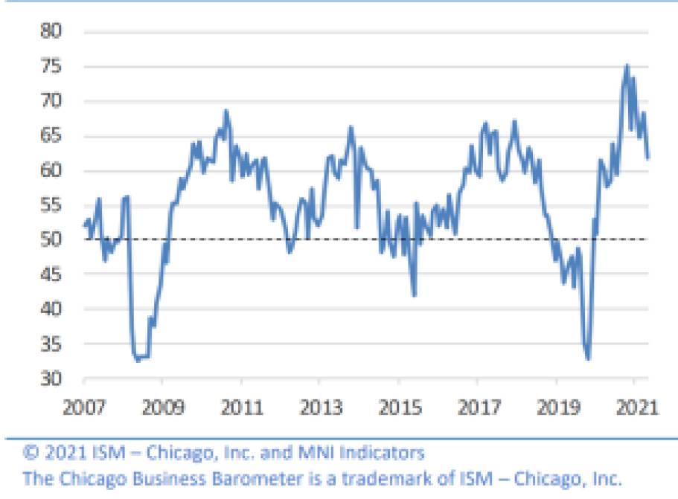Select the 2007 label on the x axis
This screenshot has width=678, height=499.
[x=83, y=408]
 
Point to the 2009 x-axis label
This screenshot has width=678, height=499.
[x=161, y=408]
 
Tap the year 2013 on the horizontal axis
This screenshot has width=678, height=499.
[x=319, y=408]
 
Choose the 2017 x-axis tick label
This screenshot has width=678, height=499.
[x=476, y=408]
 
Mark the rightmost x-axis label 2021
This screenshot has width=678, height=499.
[x=633, y=408]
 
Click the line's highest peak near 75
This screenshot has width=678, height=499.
[x=627, y=66]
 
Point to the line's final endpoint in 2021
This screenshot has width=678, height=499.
[x=647, y=158]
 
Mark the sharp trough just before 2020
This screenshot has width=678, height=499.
[x=588, y=359]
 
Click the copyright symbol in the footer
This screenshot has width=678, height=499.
[x=31, y=452]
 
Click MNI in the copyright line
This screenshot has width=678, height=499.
[x=310, y=452]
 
